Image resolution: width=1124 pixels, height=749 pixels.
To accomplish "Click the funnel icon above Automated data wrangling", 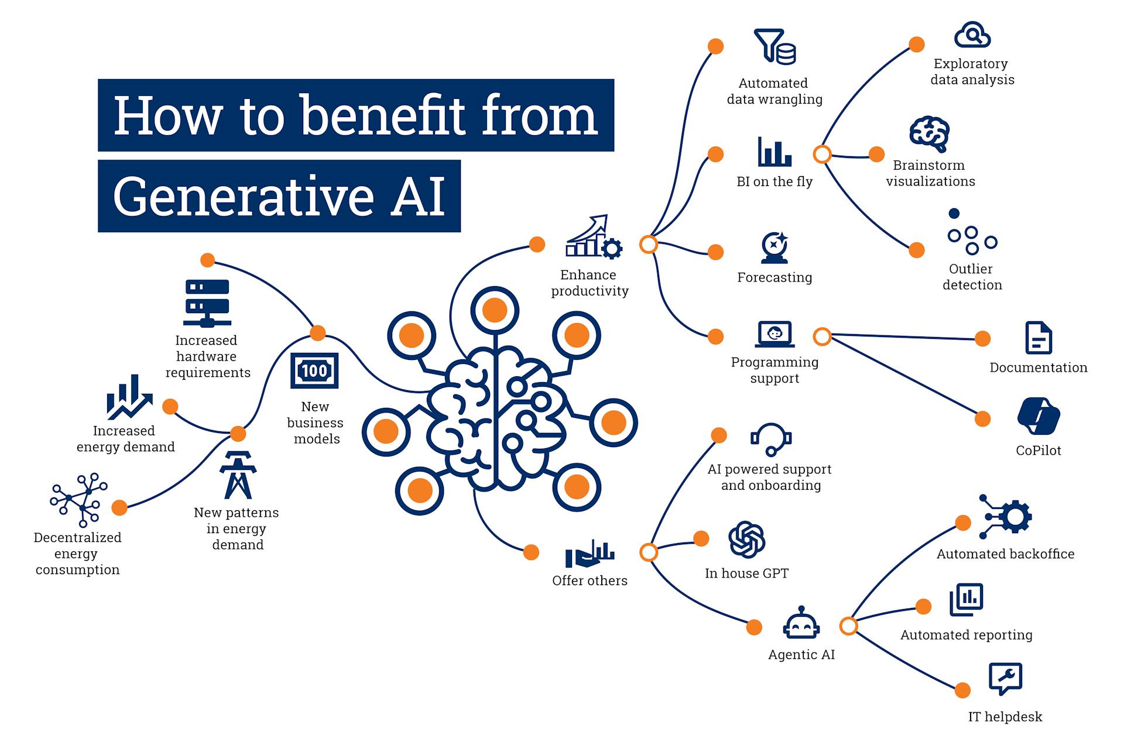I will point(774,46).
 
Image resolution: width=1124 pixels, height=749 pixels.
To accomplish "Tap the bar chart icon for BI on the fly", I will point(774,152).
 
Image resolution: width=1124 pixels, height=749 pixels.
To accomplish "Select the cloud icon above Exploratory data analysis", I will point(972,36).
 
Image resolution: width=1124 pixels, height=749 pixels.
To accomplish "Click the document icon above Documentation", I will point(1039,338).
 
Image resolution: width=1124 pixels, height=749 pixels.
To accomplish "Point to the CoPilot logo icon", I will point(1039,416).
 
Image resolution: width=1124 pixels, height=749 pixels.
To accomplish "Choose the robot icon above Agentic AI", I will point(801,623).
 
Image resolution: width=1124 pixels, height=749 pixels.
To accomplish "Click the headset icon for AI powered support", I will point(771,439).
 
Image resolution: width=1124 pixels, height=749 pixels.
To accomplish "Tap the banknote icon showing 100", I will point(314,370).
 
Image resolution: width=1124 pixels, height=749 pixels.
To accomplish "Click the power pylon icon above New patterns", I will point(238,475).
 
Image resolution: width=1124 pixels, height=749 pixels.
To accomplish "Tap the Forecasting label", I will point(774,277).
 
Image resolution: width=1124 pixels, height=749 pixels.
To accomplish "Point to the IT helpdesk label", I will point(1005,716).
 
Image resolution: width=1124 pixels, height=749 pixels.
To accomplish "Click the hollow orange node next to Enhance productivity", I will point(648,244).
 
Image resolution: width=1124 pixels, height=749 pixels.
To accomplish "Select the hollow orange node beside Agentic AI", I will point(848,626).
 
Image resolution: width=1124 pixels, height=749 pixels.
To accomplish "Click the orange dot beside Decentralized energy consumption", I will point(119,507).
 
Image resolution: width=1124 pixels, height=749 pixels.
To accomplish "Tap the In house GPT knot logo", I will point(746,540).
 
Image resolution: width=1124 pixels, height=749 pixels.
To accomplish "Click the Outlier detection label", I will point(972,277).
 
